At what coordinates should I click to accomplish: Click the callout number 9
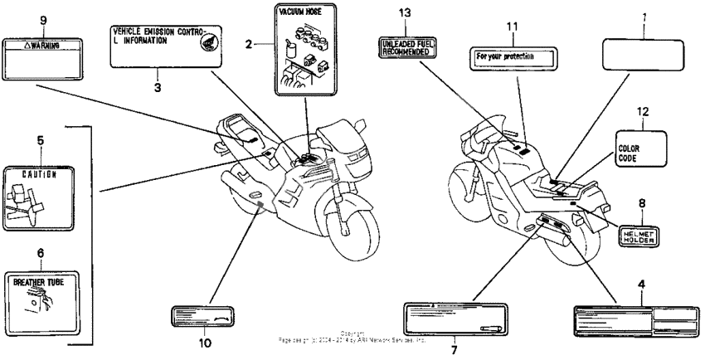click(42, 19)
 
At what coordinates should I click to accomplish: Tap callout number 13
click(404, 13)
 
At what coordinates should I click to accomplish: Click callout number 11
click(513, 27)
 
